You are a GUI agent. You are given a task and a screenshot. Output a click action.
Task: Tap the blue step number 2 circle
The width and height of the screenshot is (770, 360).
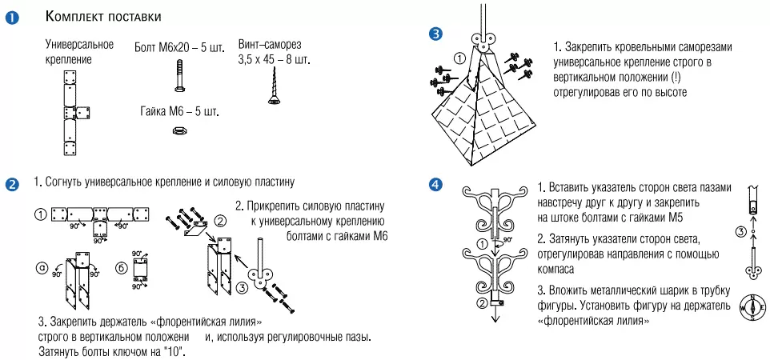(x=13, y=185)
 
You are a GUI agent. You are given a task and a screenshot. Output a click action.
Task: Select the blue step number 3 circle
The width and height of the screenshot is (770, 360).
(x=435, y=34)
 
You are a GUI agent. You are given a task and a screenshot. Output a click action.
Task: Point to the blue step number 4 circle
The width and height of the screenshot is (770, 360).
(x=435, y=185)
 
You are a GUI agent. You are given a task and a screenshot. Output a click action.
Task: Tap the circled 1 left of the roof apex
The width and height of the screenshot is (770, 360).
(x=459, y=58)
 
